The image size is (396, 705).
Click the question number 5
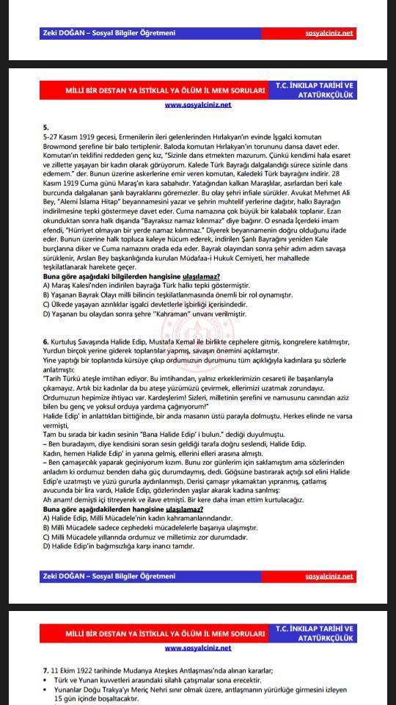(x=45, y=127)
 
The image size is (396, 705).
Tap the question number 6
(x=45, y=342)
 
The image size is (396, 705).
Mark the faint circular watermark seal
(x=209, y=323)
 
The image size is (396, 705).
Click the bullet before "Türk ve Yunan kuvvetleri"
(x=45, y=679)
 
